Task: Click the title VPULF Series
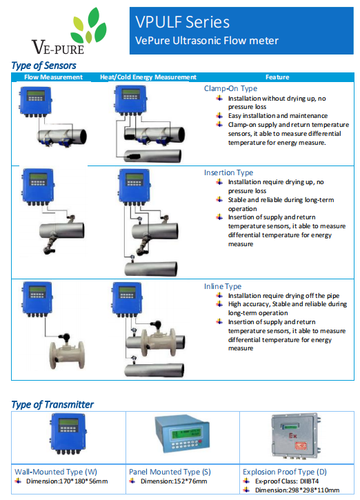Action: point(182,22)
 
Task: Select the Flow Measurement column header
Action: point(53,77)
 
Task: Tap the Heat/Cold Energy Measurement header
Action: point(148,77)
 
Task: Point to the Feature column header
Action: point(277,77)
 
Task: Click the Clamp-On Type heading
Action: point(230,89)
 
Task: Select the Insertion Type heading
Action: point(229,172)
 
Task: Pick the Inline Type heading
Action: point(223,286)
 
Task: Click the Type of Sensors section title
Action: point(43,66)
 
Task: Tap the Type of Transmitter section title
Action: point(52,405)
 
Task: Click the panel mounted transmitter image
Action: point(182,434)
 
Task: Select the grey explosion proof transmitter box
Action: point(296,437)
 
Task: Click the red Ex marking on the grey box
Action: point(292,436)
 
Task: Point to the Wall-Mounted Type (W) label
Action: point(56,472)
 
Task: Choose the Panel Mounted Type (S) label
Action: point(170,472)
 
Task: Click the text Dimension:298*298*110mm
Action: point(297,490)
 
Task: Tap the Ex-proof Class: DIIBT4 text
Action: point(287,481)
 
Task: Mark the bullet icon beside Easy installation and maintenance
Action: point(219,115)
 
